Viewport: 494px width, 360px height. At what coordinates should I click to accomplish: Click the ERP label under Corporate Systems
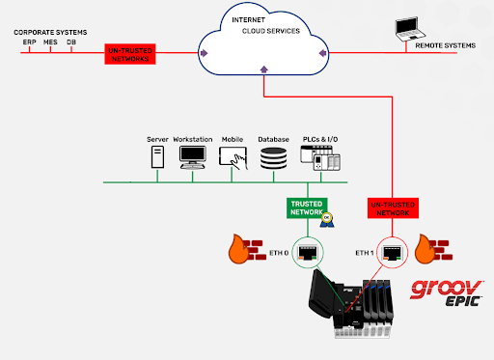pyautogui.click(x=29, y=42)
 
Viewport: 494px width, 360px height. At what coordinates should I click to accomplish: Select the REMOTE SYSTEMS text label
pyautogui.click(x=445, y=45)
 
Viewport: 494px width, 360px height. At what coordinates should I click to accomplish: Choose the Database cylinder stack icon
pyautogui.click(x=273, y=160)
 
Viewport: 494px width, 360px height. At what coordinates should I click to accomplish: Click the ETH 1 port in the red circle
pyautogui.click(x=393, y=253)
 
